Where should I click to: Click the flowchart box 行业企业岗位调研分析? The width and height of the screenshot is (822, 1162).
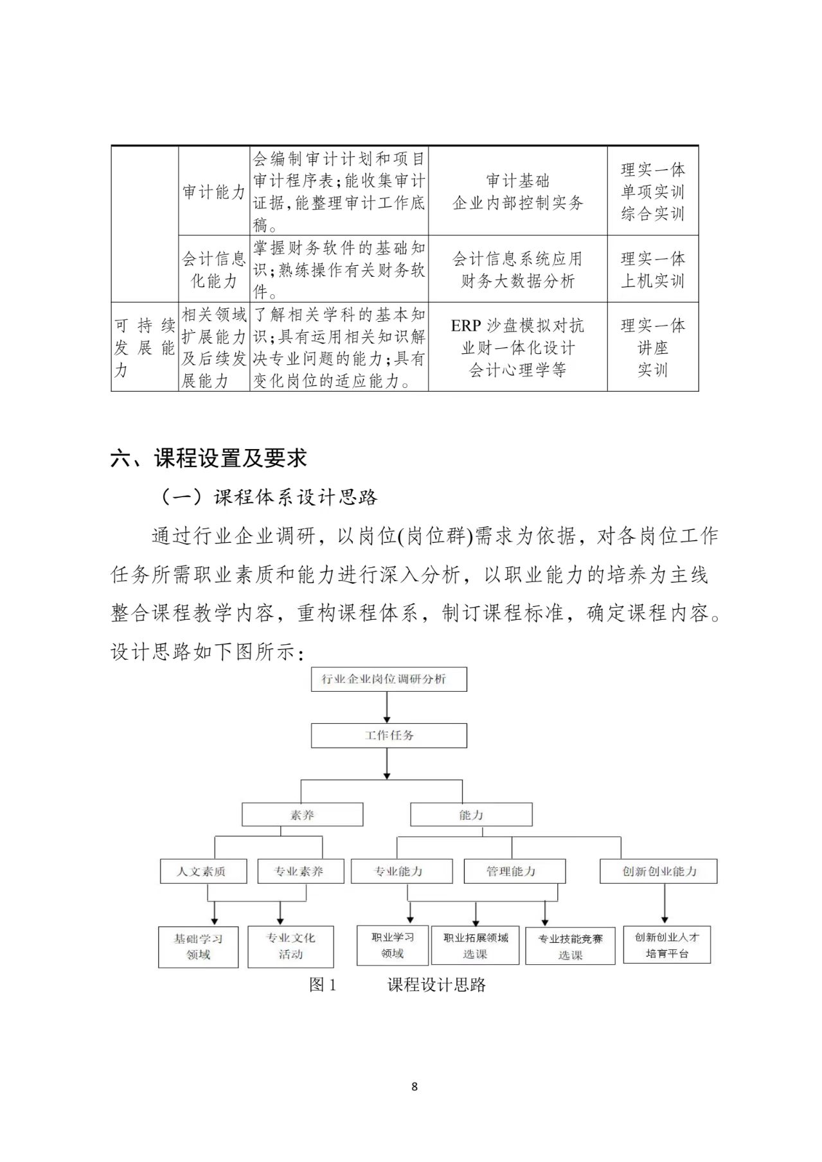click(x=389, y=679)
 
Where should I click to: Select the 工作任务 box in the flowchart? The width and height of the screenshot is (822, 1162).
click(x=389, y=735)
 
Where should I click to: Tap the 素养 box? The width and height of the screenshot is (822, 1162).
click(x=302, y=814)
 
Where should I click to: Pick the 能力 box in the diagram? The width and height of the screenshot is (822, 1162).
click(x=471, y=814)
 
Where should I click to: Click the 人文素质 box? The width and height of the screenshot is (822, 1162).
click(x=202, y=871)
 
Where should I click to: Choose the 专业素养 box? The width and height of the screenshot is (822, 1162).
click(x=300, y=871)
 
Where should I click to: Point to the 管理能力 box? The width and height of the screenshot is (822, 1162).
click(x=514, y=871)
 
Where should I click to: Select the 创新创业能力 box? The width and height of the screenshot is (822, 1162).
click(x=658, y=871)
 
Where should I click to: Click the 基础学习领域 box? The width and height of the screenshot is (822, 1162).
click(x=199, y=946)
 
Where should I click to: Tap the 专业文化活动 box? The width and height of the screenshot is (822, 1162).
click(x=290, y=946)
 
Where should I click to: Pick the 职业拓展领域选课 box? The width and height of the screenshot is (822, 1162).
click(x=475, y=946)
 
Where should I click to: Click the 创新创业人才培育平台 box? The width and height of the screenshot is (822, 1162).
click(x=666, y=945)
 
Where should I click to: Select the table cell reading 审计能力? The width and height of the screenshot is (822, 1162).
click(x=213, y=191)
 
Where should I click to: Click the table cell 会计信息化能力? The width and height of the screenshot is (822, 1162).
click(x=213, y=269)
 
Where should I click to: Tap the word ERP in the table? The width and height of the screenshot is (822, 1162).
click(x=466, y=326)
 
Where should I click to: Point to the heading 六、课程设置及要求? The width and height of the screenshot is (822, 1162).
click(x=209, y=458)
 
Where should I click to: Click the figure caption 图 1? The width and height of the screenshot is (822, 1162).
click(x=323, y=985)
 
